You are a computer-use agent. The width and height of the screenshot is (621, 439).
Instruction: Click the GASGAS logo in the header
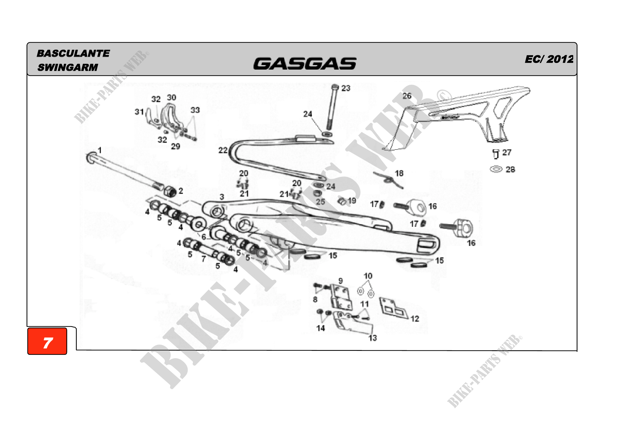tap(305, 63)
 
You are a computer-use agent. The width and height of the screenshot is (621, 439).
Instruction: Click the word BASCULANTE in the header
tap(73, 53)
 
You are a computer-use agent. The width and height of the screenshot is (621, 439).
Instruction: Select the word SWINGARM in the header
tap(68, 67)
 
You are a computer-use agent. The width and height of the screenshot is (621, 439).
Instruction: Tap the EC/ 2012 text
tap(549, 59)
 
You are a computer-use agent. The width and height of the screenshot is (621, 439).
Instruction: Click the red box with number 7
tap(47, 341)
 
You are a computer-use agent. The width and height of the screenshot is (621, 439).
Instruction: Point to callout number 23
tap(346, 88)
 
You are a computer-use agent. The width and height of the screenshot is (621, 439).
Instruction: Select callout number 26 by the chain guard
tap(407, 96)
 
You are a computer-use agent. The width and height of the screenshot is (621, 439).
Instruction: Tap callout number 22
tap(223, 150)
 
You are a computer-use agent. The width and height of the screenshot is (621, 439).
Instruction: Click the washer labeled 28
tap(496, 169)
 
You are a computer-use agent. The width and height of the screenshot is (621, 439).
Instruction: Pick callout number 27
tap(507, 152)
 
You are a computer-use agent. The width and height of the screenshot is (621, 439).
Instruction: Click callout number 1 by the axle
tap(100, 150)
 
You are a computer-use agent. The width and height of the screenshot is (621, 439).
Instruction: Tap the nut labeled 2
tap(170, 191)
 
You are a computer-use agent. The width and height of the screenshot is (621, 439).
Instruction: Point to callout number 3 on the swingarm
tap(222, 197)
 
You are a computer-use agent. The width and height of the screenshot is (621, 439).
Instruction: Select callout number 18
tap(399, 173)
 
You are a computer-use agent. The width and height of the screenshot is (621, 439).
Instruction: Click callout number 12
tap(415, 319)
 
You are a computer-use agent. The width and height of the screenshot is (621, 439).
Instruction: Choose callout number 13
tap(373, 338)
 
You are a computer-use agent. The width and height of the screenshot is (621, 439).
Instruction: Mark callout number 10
tap(368, 276)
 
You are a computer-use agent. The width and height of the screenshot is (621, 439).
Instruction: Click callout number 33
tap(195, 110)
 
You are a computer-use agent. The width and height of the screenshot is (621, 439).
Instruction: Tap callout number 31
tap(139, 112)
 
